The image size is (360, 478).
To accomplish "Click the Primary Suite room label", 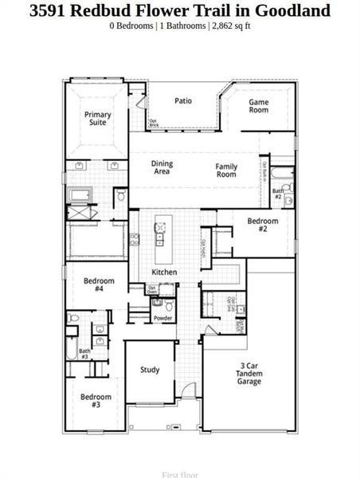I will pos(98,119).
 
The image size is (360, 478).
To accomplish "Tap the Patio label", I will pos(183,101).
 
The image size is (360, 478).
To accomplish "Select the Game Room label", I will pos(258,106).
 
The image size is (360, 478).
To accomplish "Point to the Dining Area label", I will pos(162,167).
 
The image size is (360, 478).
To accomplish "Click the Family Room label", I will pos(226,170).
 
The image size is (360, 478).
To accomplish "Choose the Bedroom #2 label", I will pos(262,225).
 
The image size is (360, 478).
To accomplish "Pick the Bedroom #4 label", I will pos(99,284).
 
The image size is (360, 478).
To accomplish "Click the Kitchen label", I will pos(164,272).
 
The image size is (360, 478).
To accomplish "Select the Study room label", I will pos(150,370).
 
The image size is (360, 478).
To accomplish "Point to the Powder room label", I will pos(163,318).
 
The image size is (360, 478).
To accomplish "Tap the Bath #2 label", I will pos(278,194).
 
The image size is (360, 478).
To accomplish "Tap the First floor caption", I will pos(180,475).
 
